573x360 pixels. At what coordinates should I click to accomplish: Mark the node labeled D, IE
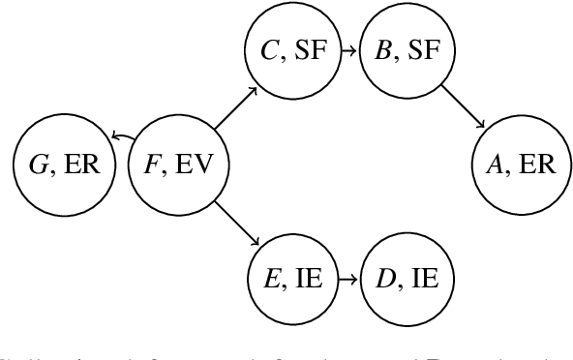point(407,279)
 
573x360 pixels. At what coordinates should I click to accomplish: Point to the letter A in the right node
point(496,164)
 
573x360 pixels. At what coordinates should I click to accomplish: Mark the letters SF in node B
point(424,49)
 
